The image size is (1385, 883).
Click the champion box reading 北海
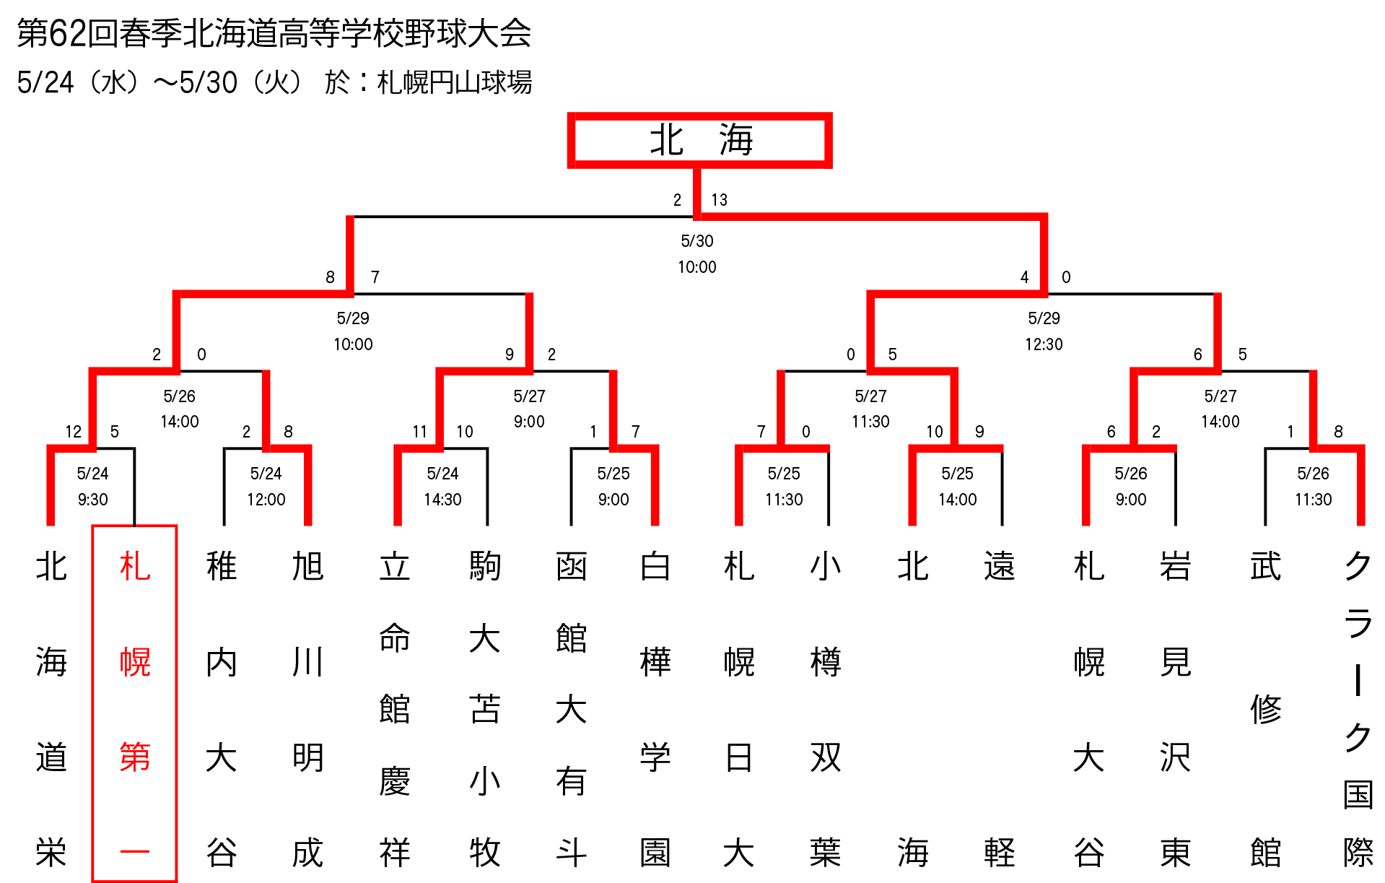pyautogui.click(x=699, y=140)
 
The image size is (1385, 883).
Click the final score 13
pyautogui.click(x=719, y=200)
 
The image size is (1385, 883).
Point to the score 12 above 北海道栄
pyautogui.click(x=73, y=432)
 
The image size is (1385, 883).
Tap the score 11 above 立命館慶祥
pyautogui.click(x=419, y=432)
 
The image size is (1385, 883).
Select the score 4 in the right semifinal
pyautogui.click(x=1024, y=277)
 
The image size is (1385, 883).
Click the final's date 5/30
pyautogui.click(x=696, y=241)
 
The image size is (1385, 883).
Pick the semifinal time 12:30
pyautogui.click(x=1044, y=344)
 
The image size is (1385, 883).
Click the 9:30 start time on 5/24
pyautogui.click(x=92, y=500)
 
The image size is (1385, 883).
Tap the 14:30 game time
pyautogui.click(x=442, y=500)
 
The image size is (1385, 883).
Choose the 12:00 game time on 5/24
pyautogui.click(x=266, y=500)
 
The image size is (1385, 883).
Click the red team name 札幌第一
pyautogui.click(x=135, y=708)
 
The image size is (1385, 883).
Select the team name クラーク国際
pyautogui.click(x=1358, y=708)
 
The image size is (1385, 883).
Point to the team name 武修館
pyautogui.click(x=1266, y=708)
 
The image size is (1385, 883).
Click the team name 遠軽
pyautogui.click(x=1000, y=708)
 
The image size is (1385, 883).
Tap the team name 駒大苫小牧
pyautogui.click(x=484, y=708)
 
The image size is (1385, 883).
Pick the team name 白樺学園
pyautogui.click(x=655, y=708)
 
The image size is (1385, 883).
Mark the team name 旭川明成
pyautogui.click(x=308, y=708)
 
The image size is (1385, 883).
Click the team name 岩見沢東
pyautogui.click(x=1176, y=708)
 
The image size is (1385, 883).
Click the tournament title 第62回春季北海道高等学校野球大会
pyautogui.click(x=274, y=33)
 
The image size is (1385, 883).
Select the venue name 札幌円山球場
pyautogui.click(x=455, y=82)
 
